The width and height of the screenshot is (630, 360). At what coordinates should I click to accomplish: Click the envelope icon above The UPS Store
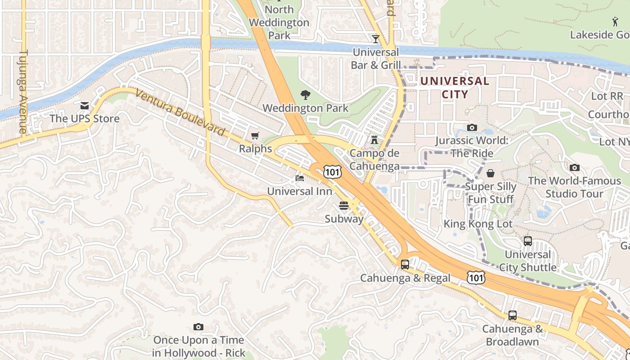click(85, 106)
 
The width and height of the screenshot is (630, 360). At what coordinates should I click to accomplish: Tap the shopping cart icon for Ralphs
click(255, 135)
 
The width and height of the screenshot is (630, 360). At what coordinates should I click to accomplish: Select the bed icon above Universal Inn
click(300, 178)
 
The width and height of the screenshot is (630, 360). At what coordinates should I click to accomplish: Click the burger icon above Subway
click(344, 206)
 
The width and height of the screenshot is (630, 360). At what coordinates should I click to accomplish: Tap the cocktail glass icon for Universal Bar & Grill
click(376, 39)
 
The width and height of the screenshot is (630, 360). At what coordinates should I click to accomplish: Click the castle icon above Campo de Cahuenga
click(374, 140)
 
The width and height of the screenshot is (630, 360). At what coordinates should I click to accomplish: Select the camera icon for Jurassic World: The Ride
click(472, 128)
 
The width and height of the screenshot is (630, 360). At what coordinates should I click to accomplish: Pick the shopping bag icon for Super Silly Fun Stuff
click(490, 173)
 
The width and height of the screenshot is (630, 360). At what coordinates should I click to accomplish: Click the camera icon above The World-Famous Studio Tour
click(575, 168)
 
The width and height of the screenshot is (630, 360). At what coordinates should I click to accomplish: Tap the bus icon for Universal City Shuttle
click(528, 241)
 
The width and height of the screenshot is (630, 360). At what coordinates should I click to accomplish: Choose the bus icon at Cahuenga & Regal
click(405, 265)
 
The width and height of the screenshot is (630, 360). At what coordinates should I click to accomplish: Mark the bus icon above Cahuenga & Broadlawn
click(513, 315)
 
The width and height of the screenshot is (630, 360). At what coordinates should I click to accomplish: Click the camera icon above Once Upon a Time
click(198, 327)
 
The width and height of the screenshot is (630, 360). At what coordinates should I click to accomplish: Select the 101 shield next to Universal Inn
click(332, 171)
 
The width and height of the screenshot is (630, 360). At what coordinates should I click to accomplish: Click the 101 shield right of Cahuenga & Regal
click(476, 278)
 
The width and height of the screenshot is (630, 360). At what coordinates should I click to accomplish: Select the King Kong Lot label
click(478, 224)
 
